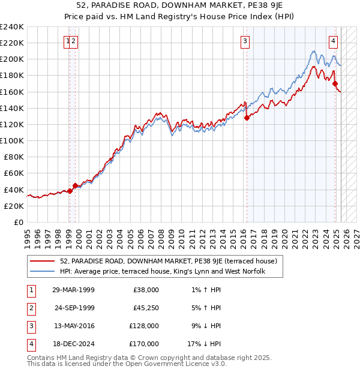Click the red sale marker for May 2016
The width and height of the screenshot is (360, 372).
coord(247,118)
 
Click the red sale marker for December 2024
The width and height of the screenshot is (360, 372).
coord(335,83)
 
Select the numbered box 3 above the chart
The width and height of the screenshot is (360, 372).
coord(245,41)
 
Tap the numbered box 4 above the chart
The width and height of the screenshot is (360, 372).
coord(333,41)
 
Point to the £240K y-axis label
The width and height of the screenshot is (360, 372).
coord(11,27)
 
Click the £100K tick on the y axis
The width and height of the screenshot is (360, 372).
coord(11,140)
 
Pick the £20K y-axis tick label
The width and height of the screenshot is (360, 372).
coord(14,206)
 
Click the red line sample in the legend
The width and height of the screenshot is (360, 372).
coord(42,261)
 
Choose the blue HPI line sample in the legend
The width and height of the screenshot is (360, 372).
coord(42,272)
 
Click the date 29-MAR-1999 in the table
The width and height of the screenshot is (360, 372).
coord(74,290)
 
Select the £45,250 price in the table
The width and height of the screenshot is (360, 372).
coord(145,308)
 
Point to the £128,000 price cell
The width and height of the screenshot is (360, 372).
coord(143,326)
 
